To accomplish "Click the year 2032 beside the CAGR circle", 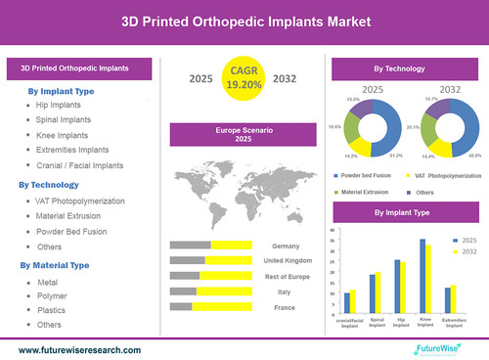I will point(287,78).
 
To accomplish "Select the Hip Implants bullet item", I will point(59,104).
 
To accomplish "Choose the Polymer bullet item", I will point(53,295).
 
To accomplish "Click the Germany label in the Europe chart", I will point(286,245).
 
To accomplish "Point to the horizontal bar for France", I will point(210,307).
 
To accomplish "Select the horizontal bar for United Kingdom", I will point(210,260).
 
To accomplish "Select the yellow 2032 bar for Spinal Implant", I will point(378,285).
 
